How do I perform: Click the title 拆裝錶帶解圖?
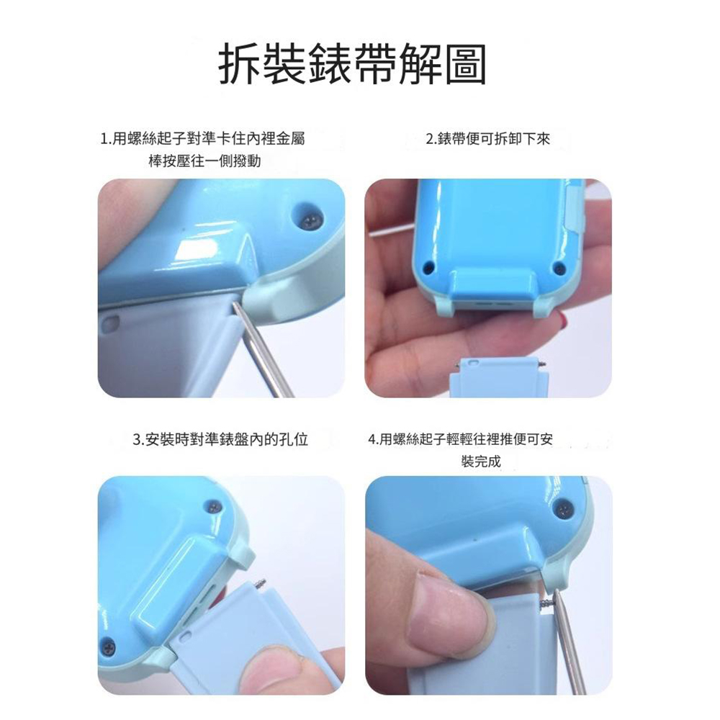352,64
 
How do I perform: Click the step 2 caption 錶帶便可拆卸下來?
488,139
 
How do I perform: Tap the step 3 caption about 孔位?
220,439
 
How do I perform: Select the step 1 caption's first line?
202,138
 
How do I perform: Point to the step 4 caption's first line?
461,439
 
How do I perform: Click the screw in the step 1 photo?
310,221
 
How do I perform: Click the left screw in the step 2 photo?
428,266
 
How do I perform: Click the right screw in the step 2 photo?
559,267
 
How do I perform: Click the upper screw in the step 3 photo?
215,506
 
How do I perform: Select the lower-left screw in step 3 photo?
109,647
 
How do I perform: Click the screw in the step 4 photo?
564,508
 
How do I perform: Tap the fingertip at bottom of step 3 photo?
266,670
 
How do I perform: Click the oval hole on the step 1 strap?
109,324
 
